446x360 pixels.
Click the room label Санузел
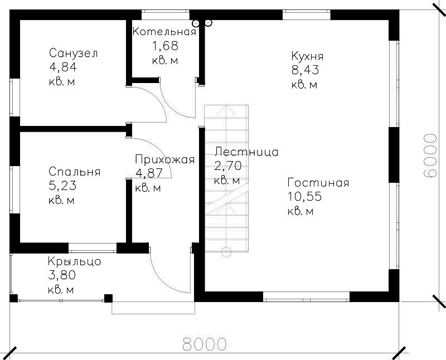point(74,53)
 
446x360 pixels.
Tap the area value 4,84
point(63,67)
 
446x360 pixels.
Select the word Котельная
point(164,31)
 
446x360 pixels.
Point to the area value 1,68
point(166,46)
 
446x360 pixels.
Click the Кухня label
point(308,56)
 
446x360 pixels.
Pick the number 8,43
point(305,70)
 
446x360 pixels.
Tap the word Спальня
point(75,172)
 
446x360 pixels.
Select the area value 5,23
point(62,186)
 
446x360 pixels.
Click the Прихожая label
point(165,159)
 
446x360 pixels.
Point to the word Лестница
point(246,152)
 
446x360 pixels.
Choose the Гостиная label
point(318,183)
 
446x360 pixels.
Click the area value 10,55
point(304,197)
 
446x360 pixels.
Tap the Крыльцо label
point(75,261)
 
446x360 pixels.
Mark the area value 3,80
point(62,275)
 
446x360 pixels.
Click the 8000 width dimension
point(204,344)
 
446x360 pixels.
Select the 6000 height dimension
point(429,155)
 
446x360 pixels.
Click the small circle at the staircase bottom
point(226,252)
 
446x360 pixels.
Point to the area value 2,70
point(228,166)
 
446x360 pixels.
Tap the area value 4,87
point(149,173)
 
